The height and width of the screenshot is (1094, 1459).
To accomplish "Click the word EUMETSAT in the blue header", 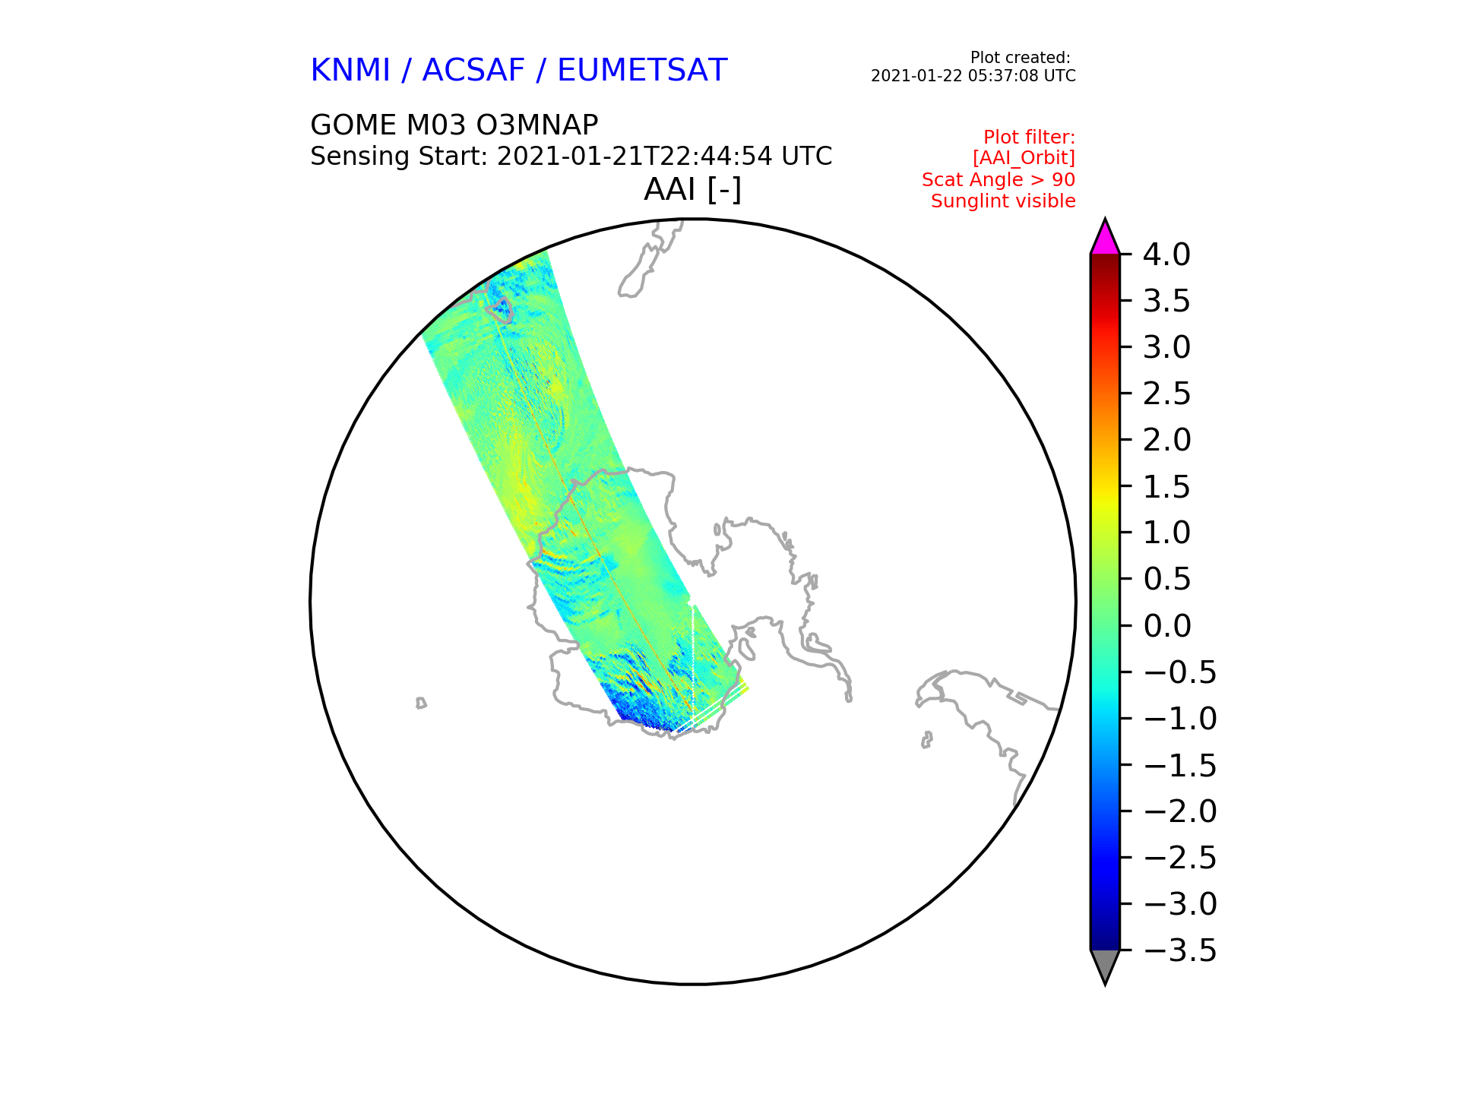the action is [x=642, y=71].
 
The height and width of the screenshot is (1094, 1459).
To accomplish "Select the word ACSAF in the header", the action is [x=473, y=71].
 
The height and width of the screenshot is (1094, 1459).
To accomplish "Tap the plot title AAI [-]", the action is [x=692, y=189].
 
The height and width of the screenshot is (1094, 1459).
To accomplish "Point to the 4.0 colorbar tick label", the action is [x=1166, y=255].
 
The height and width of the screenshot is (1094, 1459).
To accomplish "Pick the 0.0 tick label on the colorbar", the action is [x=1166, y=626].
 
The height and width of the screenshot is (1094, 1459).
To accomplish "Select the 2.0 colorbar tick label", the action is [x=1166, y=440].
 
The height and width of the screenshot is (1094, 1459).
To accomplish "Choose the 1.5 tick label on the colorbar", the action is [x=1166, y=487].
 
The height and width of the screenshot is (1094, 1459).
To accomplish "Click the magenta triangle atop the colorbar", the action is [x=1105, y=237].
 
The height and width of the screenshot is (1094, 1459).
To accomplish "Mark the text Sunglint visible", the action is [x=1003, y=201].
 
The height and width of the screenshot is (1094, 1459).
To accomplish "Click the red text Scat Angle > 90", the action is [x=999, y=180].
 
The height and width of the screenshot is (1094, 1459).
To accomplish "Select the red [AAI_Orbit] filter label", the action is [x=1024, y=158].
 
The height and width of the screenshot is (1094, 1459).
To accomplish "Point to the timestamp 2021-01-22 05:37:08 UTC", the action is [x=973, y=76].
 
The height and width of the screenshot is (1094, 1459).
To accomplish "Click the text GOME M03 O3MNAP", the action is [x=454, y=125].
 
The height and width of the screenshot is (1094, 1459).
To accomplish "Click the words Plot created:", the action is [x=1021, y=58].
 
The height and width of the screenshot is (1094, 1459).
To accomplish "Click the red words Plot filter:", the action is [x=1030, y=138].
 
